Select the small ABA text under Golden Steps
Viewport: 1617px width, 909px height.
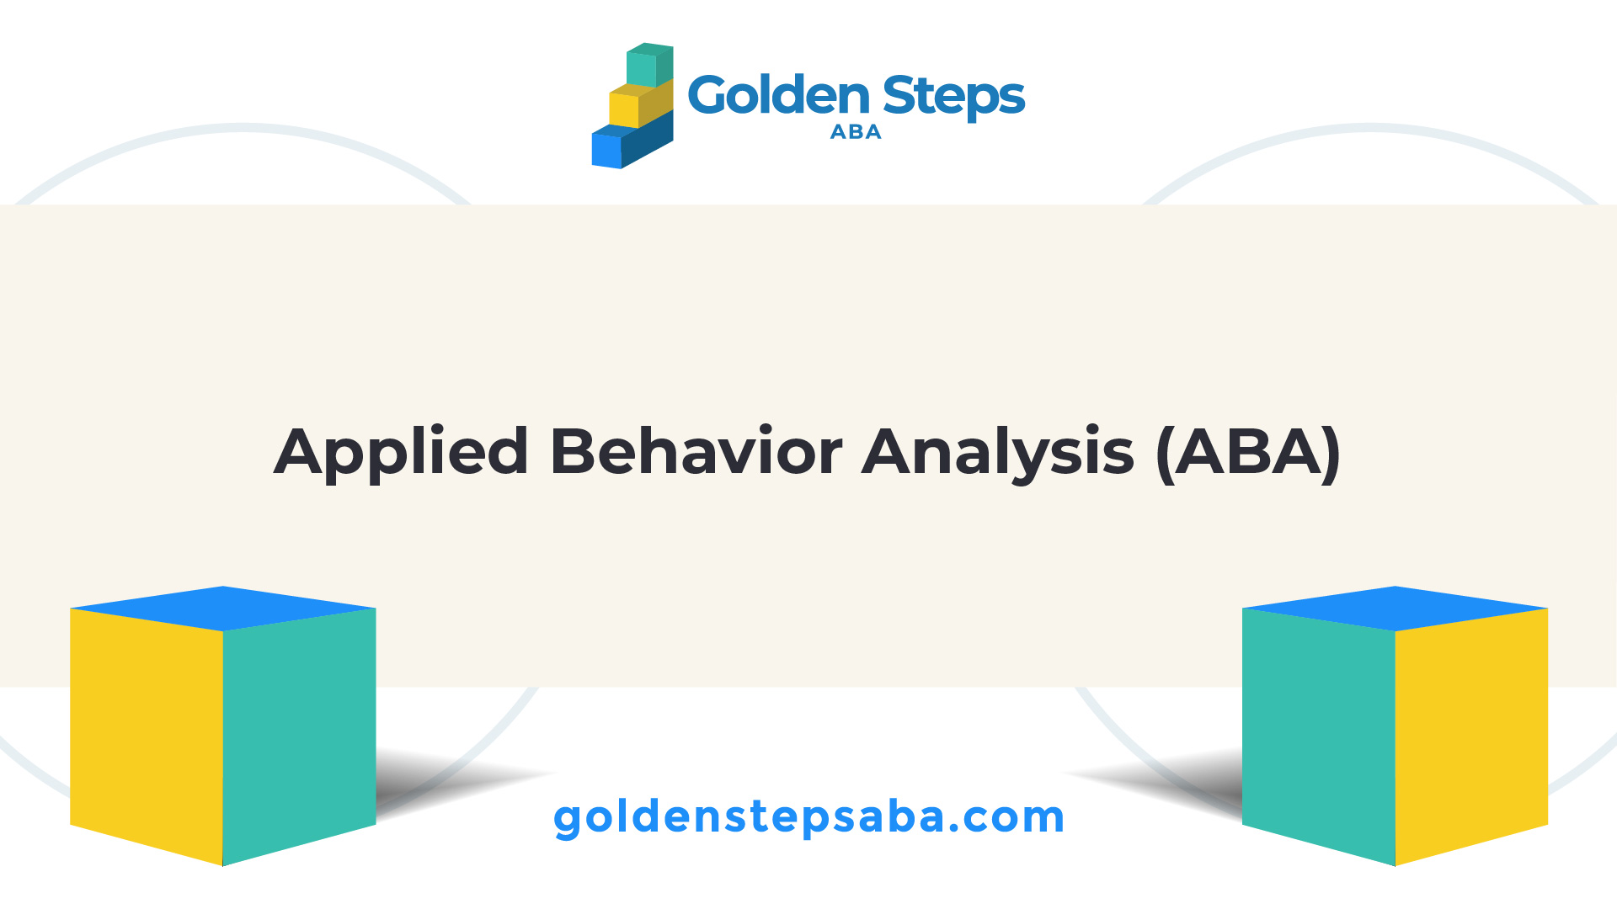pos(856,132)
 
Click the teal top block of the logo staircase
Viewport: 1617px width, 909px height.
pos(649,65)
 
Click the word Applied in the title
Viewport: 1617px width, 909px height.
pos(402,454)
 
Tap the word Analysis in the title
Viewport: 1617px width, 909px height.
pos(998,454)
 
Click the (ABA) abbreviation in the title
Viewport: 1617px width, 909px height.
pos(1249,454)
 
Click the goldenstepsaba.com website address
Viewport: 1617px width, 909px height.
pos(809,817)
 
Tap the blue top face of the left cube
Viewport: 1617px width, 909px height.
pos(223,609)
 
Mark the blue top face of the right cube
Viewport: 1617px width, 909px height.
pos(1395,609)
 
